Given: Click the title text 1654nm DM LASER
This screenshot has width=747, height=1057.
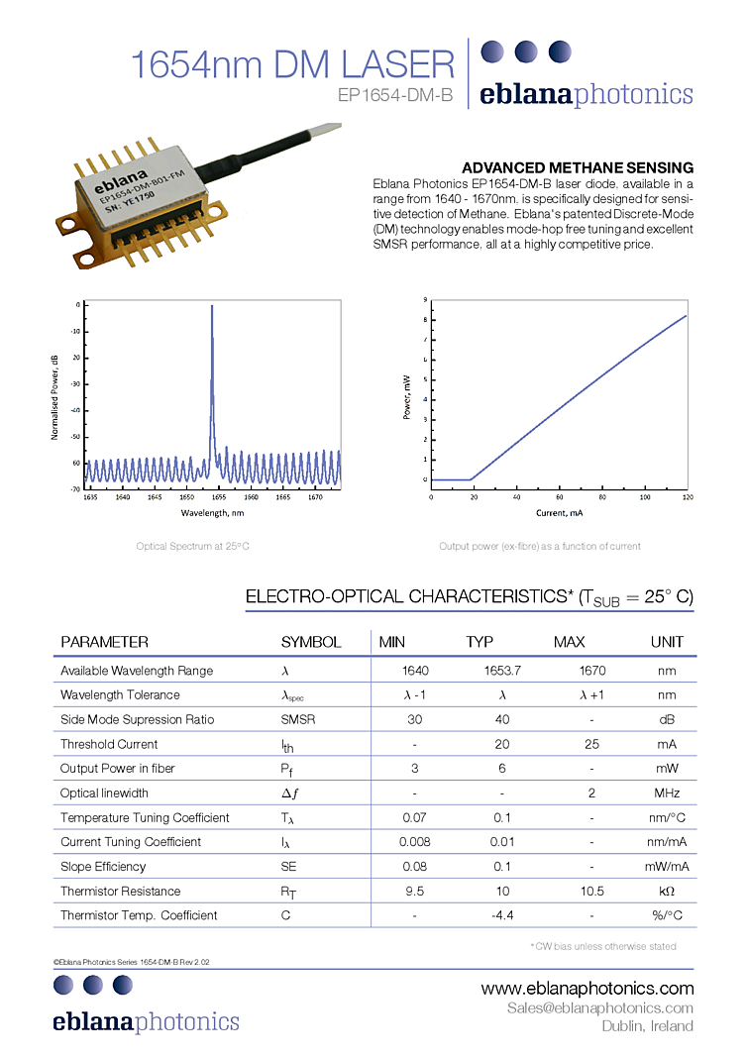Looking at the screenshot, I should (292, 64).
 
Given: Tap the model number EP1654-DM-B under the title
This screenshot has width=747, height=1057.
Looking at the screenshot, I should (395, 96).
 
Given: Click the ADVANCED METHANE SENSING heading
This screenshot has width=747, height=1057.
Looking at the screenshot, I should (578, 167).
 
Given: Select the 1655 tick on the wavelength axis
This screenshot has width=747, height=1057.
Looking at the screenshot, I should (218, 497).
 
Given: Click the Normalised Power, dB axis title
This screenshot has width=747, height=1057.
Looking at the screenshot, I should (53, 396).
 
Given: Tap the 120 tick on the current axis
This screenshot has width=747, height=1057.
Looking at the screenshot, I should (686, 497).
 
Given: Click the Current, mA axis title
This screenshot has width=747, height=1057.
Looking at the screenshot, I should (559, 513).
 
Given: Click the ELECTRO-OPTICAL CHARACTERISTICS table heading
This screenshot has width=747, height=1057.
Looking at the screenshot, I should (469, 597).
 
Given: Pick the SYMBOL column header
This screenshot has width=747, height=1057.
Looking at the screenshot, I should (310, 642).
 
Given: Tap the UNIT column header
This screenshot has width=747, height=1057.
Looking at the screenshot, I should (667, 642).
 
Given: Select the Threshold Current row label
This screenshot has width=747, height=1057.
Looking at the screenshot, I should (109, 744).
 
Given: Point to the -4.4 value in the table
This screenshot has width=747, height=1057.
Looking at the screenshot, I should (502, 915).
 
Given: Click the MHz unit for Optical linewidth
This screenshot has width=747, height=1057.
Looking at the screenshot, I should (667, 793).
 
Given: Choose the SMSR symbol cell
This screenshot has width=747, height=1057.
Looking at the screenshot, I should (298, 719).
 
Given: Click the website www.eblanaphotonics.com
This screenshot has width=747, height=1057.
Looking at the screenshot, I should (587, 989).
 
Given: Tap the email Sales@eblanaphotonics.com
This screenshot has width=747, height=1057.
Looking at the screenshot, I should (599, 1008).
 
